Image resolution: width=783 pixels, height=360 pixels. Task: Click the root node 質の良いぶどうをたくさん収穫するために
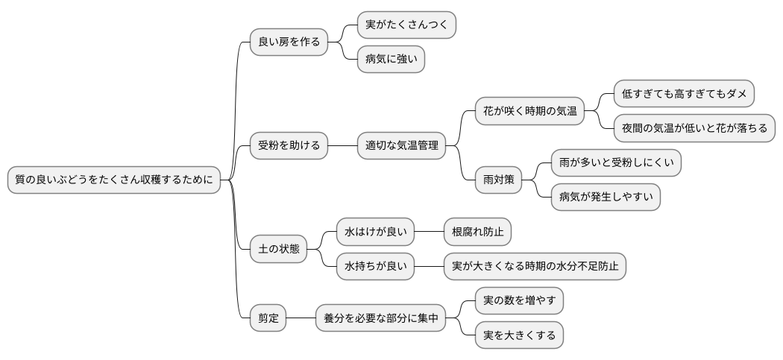tap(114, 180)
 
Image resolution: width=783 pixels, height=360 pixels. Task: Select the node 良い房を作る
tap(289, 42)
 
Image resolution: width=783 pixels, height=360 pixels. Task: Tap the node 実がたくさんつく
tap(406, 25)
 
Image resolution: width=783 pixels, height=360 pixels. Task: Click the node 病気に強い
tap(391, 59)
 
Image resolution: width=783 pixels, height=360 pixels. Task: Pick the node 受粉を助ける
tap(289, 145)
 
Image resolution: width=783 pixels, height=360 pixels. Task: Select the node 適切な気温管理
tap(401, 145)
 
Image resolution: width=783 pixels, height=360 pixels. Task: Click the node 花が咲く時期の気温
tap(530, 111)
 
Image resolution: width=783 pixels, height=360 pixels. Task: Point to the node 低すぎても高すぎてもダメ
tap(684, 94)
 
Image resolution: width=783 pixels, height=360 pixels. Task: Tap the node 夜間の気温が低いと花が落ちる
tap(694, 128)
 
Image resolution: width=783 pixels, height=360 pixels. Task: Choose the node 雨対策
tap(499, 180)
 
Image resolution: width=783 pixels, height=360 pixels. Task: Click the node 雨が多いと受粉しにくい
tap(616, 162)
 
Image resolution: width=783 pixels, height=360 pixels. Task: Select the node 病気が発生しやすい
tap(606, 197)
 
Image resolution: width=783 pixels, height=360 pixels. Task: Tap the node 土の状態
tap(278, 249)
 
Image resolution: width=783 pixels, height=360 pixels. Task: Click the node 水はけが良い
tap(375, 232)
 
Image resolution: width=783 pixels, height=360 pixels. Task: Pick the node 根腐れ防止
tap(477, 232)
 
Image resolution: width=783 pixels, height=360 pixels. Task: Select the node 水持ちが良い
tap(375, 266)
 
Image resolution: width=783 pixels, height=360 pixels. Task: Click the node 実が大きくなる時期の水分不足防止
tap(535, 266)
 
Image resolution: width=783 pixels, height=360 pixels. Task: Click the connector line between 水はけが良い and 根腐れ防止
tap(428, 232)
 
